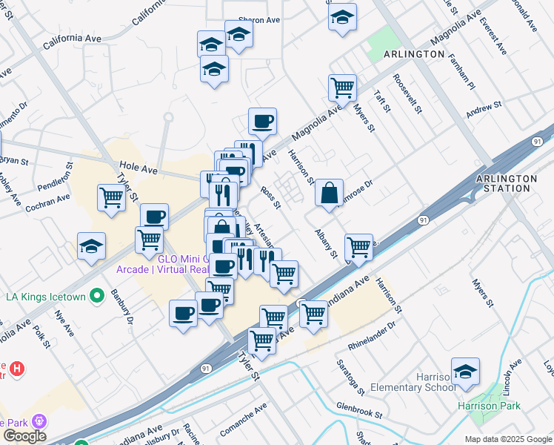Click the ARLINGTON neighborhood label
point(414,55)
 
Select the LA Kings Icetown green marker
point(96,297)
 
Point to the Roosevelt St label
point(407,93)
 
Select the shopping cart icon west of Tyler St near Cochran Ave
point(111,198)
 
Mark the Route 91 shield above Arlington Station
point(537,141)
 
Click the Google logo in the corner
point(24,435)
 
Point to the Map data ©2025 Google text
point(508,439)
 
